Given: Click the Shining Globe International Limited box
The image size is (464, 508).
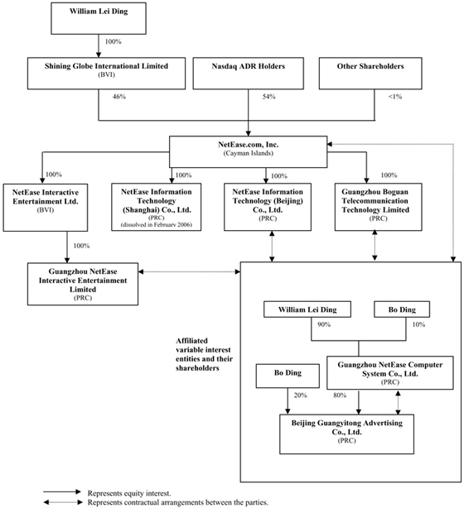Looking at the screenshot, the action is pos(106,74).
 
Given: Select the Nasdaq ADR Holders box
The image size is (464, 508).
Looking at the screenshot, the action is pos(249,74).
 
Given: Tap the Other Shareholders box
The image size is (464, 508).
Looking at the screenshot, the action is pos(370,74).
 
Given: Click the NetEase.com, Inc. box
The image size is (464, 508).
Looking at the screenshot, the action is pos(249,152).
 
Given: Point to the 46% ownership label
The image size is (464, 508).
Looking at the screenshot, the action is pos(119,97).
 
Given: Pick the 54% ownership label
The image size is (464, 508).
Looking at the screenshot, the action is pos(269,97).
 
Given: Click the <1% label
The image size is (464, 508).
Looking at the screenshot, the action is pos(395,97).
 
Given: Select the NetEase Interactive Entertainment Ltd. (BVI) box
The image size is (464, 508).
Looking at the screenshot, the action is pos(46,208).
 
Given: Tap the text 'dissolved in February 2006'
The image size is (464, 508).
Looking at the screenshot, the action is pos(157,224).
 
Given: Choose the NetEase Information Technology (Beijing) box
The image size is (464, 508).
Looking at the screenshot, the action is pos(268,207).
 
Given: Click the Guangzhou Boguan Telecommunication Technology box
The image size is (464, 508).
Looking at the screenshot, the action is pos(379,207).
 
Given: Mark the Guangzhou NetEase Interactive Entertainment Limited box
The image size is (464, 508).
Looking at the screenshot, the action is pos(83,284).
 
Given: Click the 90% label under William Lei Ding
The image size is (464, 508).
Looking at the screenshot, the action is pos(324,324).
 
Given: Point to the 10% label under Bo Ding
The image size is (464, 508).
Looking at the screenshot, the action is pos(418,324).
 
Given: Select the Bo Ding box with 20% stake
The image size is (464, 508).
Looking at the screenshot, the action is pos(288,376).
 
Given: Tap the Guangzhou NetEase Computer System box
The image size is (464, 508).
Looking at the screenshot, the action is pos(390,373).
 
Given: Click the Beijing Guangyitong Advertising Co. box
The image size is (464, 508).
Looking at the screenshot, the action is pos(347,434).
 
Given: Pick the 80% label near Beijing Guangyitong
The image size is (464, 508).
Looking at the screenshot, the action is pos(340,395).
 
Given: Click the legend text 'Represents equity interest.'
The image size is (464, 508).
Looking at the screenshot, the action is pos(129,493).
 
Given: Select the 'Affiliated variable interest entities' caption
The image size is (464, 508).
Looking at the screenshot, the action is pos(204,354).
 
